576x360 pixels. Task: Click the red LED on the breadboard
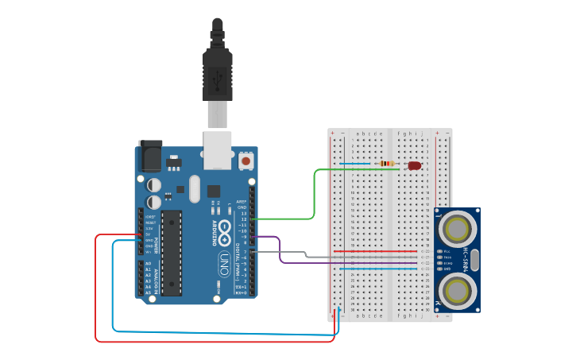click(414, 165)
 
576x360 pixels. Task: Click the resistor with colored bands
click(387, 165)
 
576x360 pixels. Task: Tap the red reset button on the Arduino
click(246, 161)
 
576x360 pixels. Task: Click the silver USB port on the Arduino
click(217, 149)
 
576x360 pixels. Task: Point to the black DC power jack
click(150, 156)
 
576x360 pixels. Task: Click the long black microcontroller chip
click(172, 252)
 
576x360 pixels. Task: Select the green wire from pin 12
click(315, 195)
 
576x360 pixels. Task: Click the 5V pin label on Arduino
click(149, 234)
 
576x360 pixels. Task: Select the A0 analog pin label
click(149, 264)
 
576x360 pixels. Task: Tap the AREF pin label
click(242, 201)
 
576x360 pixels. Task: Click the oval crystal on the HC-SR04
click(474, 260)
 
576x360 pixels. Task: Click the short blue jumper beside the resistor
click(357, 165)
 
